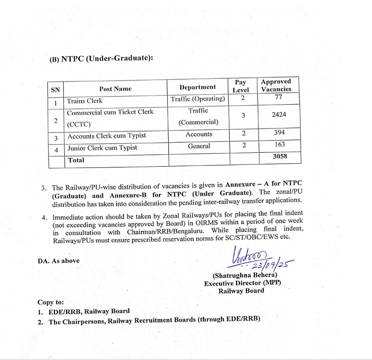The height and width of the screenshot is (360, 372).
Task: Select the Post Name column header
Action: (x=115, y=88)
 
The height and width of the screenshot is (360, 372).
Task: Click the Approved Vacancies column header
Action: (x=276, y=85)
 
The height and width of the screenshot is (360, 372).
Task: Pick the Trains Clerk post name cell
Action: (x=85, y=101)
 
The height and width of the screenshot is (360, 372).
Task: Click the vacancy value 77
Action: (x=278, y=98)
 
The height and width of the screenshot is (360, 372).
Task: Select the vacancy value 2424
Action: (x=279, y=114)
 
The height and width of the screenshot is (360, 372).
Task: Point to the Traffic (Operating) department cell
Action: (x=198, y=99)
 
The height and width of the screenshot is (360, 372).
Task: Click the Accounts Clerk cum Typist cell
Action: (x=107, y=136)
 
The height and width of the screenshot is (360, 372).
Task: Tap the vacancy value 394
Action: (x=279, y=133)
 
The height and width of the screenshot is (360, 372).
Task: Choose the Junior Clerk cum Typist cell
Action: (x=102, y=148)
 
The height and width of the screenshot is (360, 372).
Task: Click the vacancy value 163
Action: (x=279, y=145)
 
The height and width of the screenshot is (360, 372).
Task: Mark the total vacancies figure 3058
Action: (x=280, y=157)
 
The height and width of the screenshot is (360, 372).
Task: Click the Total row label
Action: (x=76, y=160)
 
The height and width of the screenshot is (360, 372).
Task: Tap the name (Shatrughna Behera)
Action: (x=245, y=275)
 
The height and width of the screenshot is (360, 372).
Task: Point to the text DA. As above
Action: (x=58, y=261)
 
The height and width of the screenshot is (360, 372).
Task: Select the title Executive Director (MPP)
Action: (x=242, y=283)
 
